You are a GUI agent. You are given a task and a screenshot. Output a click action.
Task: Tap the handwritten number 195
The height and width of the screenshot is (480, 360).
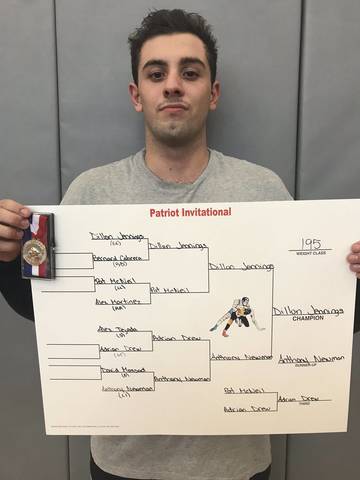[x=310, y=244]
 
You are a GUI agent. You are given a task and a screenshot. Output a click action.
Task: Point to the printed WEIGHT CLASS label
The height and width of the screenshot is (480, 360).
[x=310, y=254]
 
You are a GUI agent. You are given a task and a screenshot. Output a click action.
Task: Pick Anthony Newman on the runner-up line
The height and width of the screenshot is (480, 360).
[x=304, y=358]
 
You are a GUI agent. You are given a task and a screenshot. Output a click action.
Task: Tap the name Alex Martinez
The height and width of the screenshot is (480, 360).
[x=118, y=300]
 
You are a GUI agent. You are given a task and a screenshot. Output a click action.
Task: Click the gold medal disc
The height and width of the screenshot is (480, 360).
[x=35, y=250]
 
